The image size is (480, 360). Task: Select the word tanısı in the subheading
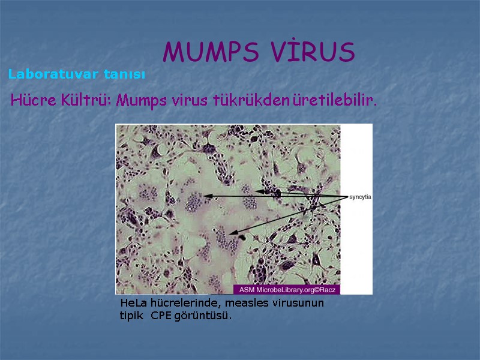pyautogui.click(x=124, y=74)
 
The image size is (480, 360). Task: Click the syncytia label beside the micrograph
pyautogui.click(x=359, y=197)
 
